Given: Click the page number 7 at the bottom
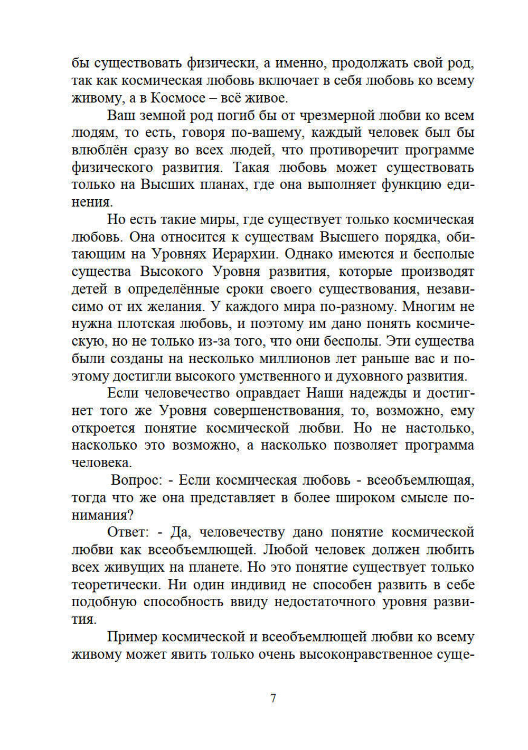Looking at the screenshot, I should [273, 698].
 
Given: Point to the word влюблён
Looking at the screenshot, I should [99, 150].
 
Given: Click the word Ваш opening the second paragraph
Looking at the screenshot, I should [120, 115].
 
